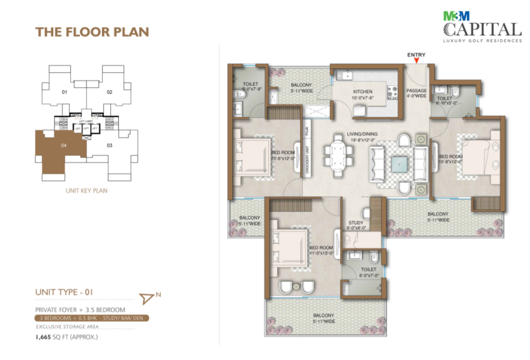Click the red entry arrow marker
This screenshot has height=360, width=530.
[x=416, y=61]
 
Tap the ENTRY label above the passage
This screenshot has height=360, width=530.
[x=416, y=54]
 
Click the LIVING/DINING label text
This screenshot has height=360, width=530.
[x=362, y=137]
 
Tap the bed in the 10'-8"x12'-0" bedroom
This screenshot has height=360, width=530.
[x=479, y=157]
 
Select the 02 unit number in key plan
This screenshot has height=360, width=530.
[x=110, y=93]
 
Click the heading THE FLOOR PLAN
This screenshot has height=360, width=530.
[x=92, y=32]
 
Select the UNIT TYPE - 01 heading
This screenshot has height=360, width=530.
[x=64, y=292]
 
